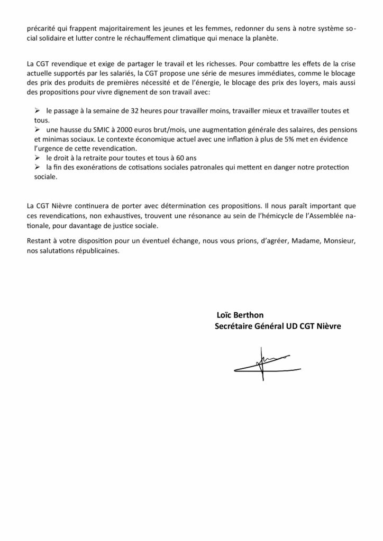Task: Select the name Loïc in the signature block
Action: (x=225, y=315)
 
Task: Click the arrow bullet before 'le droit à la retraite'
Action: (x=37, y=158)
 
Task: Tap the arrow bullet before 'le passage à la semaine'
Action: (x=37, y=111)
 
